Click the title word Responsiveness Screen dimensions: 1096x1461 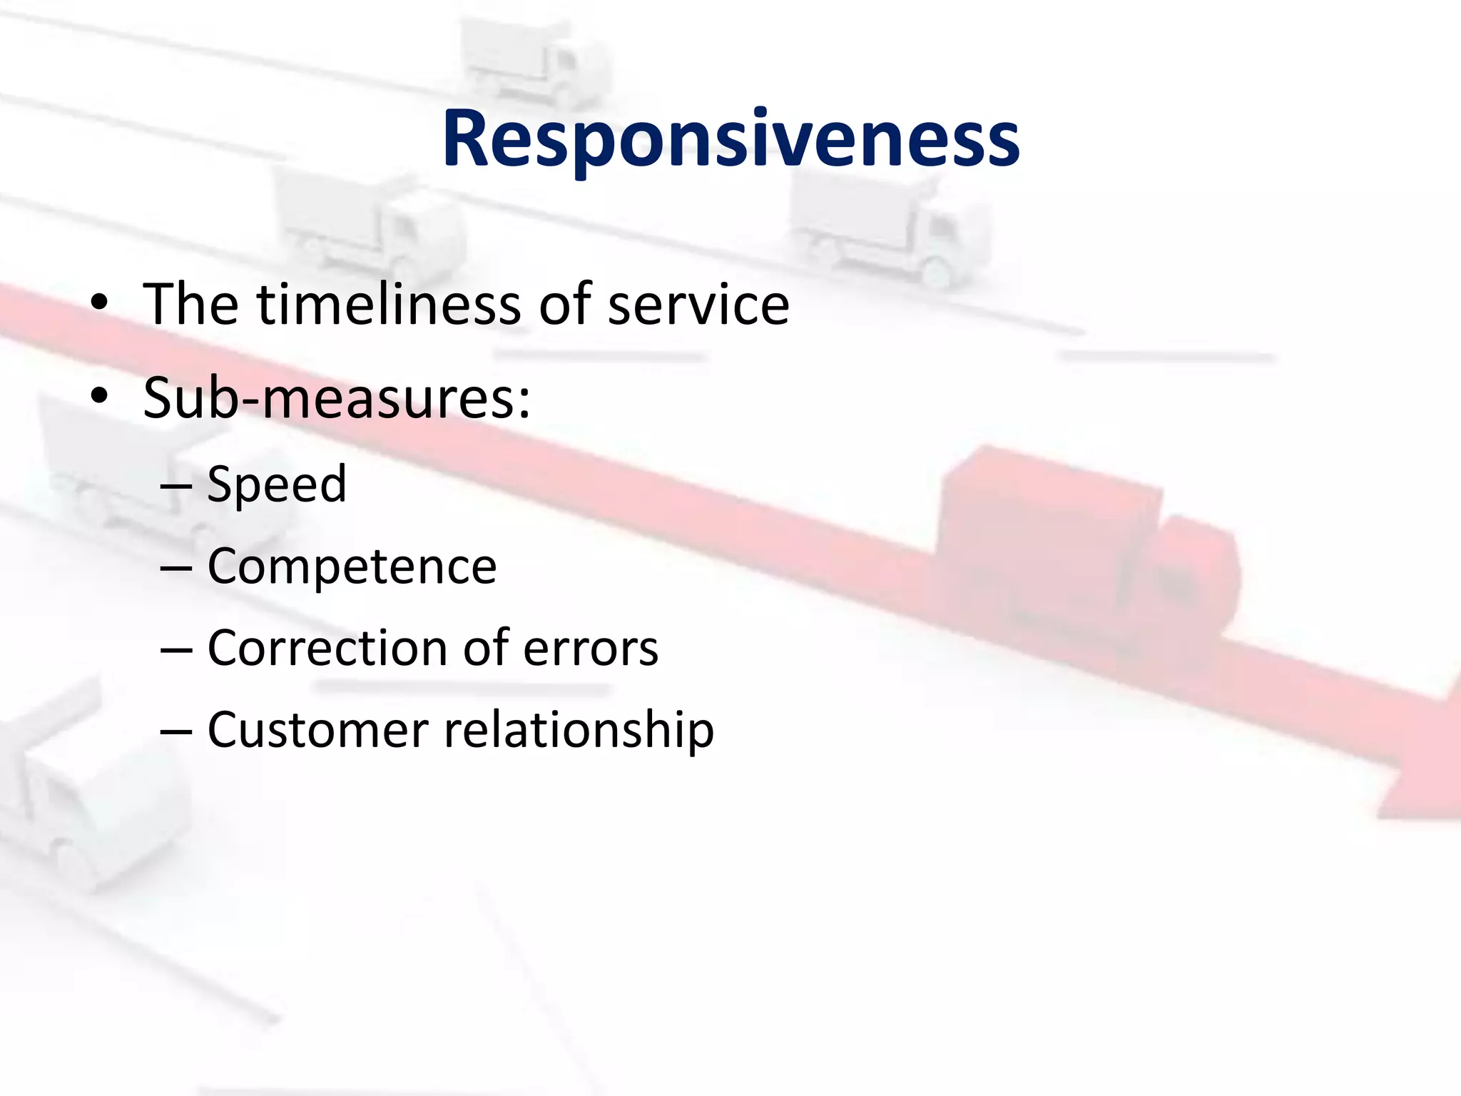(730, 139)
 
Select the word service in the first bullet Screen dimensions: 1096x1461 (698, 305)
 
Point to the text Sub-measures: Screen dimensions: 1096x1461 (337, 398)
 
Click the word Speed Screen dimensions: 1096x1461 (277, 484)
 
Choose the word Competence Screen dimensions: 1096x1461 (352, 567)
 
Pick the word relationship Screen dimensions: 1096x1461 (579, 731)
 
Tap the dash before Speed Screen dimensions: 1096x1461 (176, 486)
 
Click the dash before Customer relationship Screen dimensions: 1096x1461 (176, 731)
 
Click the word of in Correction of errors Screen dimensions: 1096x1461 (486, 649)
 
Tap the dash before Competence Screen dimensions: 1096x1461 (176, 568)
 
